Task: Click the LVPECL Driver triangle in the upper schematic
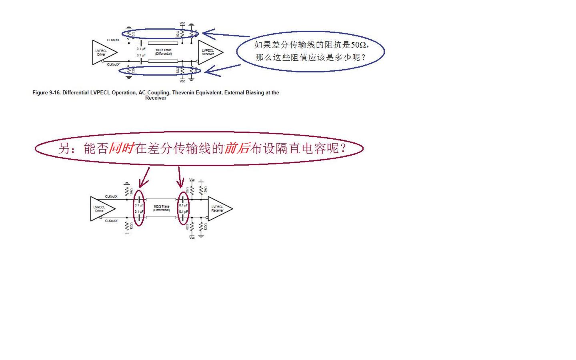(x=103, y=52)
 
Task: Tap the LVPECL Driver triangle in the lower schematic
(x=101, y=209)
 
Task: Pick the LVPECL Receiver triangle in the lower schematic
(x=218, y=209)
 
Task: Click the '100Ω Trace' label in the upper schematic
(x=163, y=50)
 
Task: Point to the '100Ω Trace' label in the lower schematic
(x=161, y=206)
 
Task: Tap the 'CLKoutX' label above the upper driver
(x=113, y=40)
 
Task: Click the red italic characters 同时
(x=121, y=148)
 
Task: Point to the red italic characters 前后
(x=237, y=148)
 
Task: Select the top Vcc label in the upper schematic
(x=182, y=24)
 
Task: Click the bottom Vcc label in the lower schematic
(x=192, y=238)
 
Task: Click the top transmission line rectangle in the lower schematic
(x=161, y=199)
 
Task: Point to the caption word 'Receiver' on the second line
(x=156, y=98)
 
